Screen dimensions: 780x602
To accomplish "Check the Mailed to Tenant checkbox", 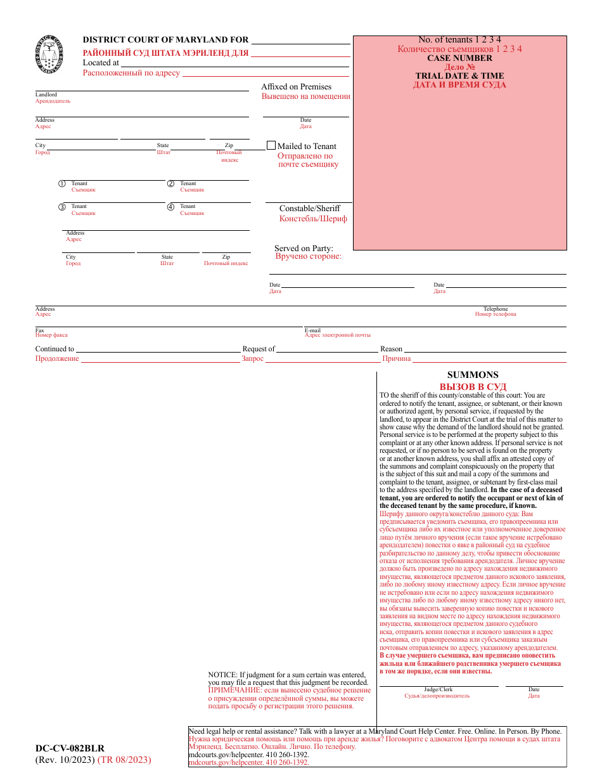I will click(271, 145).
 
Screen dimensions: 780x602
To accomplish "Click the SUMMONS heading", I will click(473, 375).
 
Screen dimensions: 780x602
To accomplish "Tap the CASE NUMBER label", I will click(459, 58).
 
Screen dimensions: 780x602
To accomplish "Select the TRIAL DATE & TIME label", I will click(459, 75).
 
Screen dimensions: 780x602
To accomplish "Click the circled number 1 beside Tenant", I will click(62, 184).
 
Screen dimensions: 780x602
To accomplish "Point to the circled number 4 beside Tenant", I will click(170, 207).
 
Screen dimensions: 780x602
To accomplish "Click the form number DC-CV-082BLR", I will click(70, 748).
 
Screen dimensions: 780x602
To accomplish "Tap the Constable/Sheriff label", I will click(310, 209).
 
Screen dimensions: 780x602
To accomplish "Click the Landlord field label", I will click(46, 94).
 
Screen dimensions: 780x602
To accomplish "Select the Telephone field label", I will click(496, 309).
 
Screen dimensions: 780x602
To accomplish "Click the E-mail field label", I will click(313, 330).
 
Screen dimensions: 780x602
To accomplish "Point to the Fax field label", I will click(40, 330).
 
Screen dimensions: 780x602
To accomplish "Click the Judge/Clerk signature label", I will click(438, 689).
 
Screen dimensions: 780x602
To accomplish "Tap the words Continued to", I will click(54, 349).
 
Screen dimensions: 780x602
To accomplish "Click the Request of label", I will click(259, 349).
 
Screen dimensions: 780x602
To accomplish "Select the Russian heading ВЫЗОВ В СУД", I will click(473, 387).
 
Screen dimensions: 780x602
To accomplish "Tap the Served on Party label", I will click(304, 249).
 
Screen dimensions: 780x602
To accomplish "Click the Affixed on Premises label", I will click(296, 87).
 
